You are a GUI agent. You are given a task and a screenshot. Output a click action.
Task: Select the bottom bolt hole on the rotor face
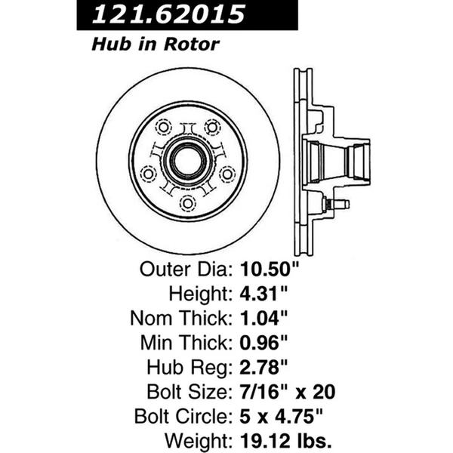pyautogui.click(x=186, y=202)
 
